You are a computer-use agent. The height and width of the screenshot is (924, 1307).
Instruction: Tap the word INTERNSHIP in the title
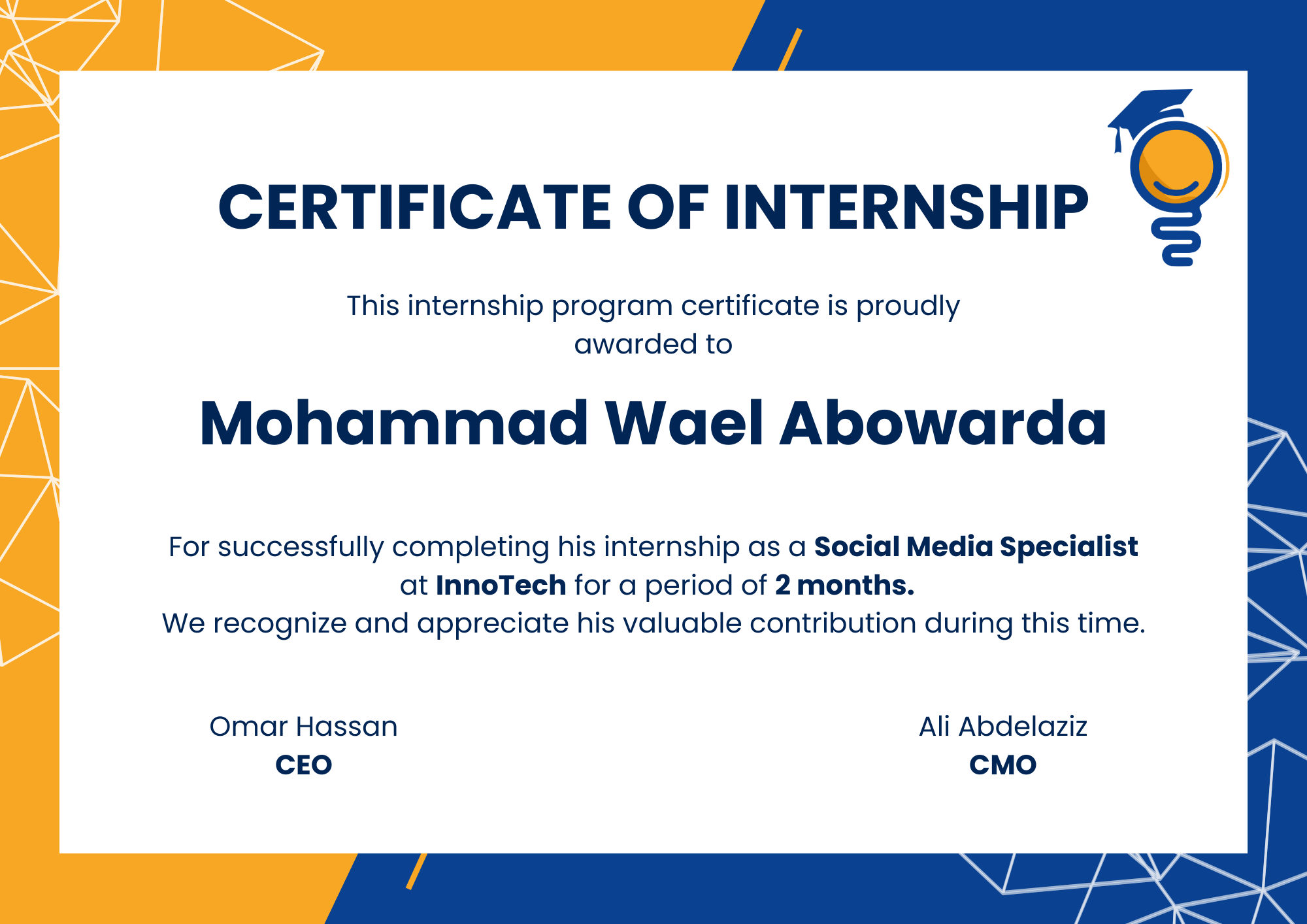(906, 207)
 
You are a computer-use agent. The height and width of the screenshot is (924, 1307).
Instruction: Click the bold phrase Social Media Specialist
(976, 546)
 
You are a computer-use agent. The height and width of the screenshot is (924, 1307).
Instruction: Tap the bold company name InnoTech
(501, 585)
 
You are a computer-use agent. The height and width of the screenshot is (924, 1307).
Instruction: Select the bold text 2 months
(844, 585)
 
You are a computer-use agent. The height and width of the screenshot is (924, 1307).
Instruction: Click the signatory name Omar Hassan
(303, 727)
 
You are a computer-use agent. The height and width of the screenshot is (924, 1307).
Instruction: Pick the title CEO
(303, 765)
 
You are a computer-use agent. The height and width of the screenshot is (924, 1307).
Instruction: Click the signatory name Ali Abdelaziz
(1002, 727)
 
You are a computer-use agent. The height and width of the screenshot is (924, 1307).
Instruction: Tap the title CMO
(1002, 765)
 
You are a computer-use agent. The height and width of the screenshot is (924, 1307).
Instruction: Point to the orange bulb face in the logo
(1176, 167)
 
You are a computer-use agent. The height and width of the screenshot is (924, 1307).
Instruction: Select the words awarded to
(653, 344)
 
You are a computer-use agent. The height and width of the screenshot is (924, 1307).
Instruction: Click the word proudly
(908, 306)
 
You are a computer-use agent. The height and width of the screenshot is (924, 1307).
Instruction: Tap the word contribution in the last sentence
(833, 623)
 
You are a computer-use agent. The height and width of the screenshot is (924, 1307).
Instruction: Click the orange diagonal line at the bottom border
(416, 872)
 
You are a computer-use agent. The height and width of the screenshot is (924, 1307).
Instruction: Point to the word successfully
(301, 547)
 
